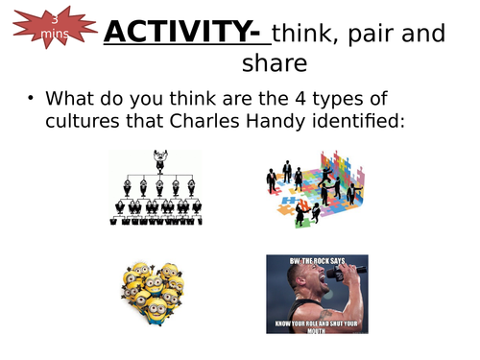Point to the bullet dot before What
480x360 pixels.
[32, 99]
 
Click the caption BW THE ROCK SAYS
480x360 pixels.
[317, 260]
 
